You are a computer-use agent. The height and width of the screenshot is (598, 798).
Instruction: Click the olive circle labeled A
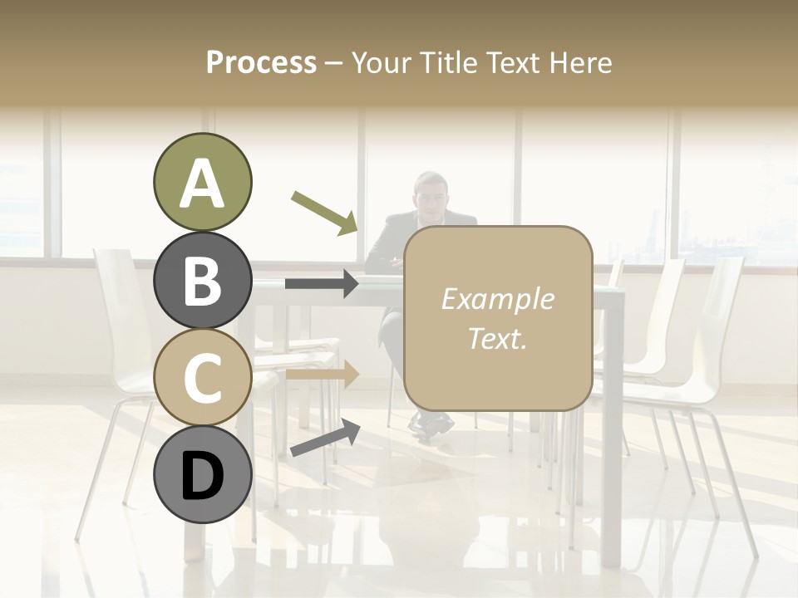pyautogui.click(x=202, y=183)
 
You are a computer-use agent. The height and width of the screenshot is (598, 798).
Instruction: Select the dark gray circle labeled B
pyautogui.click(x=202, y=280)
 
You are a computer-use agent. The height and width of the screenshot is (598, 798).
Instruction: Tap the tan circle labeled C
pyautogui.click(x=202, y=377)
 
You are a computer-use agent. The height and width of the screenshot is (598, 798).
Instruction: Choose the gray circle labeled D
pyautogui.click(x=202, y=474)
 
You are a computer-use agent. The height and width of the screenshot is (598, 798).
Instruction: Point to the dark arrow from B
pyautogui.click(x=322, y=284)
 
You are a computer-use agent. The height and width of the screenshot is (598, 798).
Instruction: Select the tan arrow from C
pyautogui.click(x=322, y=374)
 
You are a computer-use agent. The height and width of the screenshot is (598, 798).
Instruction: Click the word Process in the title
pyautogui.click(x=261, y=62)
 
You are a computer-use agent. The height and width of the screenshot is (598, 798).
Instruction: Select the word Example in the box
pyautogui.click(x=497, y=299)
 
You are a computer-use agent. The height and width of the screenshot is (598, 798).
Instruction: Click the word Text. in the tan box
pyautogui.click(x=497, y=338)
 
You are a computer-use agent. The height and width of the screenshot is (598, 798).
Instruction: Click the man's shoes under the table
pyautogui.click(x=431, y=424)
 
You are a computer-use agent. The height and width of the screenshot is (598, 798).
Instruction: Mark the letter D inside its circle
pyautogui.click(x=202, y=476)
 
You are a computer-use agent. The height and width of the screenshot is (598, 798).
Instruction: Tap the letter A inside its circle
pyautogui.click(x=202, y=184)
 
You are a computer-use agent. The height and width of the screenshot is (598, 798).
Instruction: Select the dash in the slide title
pyautogui.click(x=334, y=63)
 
